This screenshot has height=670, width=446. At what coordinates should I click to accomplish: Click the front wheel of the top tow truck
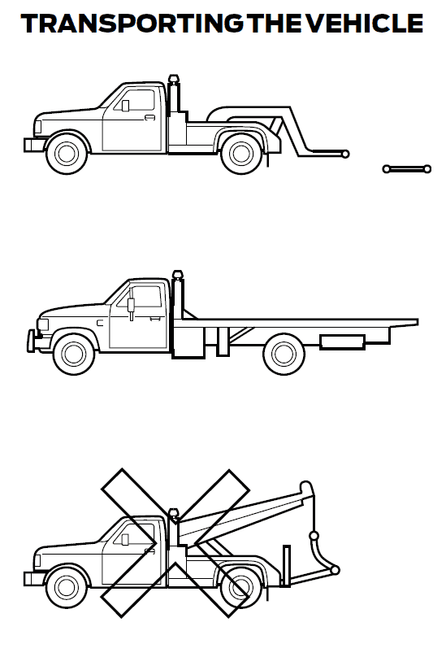coord(66,153)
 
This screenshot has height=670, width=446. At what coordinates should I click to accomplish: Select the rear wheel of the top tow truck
coord(241,153)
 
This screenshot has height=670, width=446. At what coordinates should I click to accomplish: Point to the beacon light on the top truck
coord(173,80)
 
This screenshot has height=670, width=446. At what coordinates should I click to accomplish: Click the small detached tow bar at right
coord(406,169)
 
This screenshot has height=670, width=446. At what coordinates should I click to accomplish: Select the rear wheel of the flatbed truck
coord(284,354)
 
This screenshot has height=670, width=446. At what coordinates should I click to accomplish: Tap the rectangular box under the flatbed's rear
coord(341,342)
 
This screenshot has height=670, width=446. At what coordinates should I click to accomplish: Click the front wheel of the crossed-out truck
coord(66,585)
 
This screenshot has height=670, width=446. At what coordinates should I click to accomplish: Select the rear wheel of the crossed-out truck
coord(241,585)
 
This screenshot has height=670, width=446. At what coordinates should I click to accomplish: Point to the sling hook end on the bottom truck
coord(335,569)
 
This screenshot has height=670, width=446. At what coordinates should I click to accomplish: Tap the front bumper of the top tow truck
coord(34,145)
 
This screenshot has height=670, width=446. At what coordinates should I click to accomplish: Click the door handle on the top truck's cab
coord(149,118)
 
